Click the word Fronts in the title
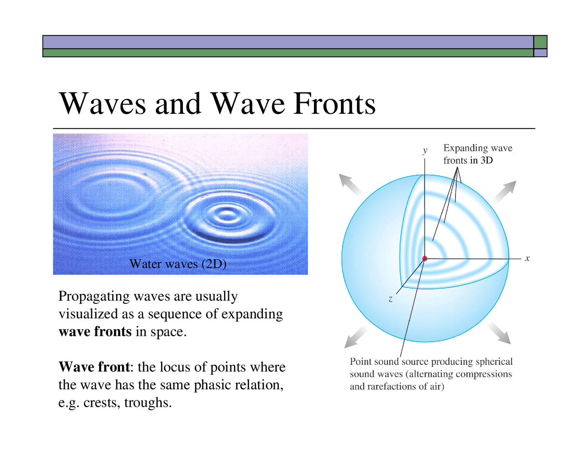tap(334, 104)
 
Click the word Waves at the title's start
tap(103, 104)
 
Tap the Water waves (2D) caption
tap(178, 264)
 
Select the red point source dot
tap(425, 259)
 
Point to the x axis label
tap(527, 258)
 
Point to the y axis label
tap(425, 150)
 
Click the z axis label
tap(391, 299)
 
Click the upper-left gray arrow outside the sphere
tap(349, 185)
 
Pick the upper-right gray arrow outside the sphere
tap(505, 191)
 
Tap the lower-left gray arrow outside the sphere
tap(356, 337)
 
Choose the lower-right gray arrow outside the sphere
tap(500, 333)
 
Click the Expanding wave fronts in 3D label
tap(477, 154)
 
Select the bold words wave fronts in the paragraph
tap(95, 331)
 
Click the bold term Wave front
tap(94, 367)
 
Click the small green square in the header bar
tap(540, 42)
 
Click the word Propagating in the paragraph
tap(94, 296)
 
